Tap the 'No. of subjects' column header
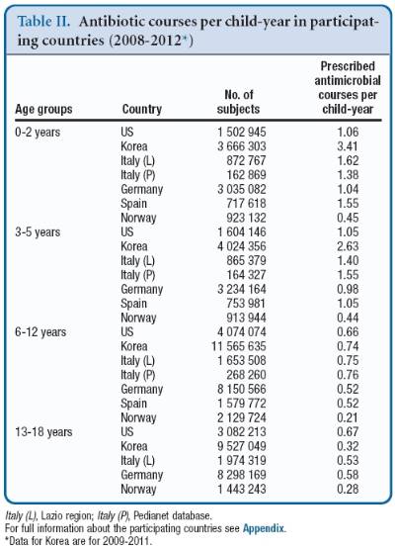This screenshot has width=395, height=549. coord(229,102)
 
